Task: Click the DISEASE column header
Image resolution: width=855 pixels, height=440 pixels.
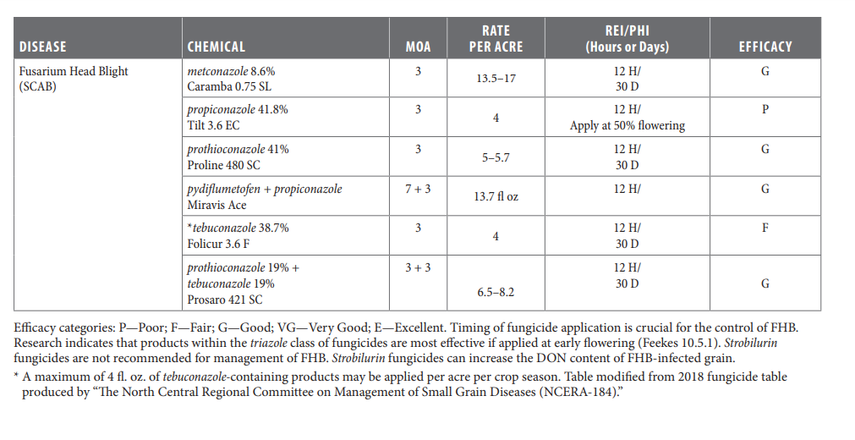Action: point(42,47)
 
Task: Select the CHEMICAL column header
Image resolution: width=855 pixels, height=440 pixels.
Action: point(216,47)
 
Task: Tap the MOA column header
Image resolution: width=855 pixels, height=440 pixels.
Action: point(419,47)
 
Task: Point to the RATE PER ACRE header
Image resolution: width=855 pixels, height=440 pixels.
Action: point(496,39)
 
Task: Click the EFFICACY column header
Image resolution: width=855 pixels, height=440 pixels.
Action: point(765,47)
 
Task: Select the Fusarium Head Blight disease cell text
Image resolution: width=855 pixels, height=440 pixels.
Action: point(74,79)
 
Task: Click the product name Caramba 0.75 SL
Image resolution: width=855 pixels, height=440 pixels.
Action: point(229,86)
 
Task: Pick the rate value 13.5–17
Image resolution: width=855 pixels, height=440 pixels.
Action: point(496,79)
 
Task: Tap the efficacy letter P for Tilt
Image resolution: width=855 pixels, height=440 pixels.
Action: point(765,109)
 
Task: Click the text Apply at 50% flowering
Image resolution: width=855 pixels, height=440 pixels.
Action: point(627,125)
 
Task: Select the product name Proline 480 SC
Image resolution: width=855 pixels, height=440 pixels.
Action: point(223,165)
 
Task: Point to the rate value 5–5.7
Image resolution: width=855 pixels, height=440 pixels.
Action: point(496,157)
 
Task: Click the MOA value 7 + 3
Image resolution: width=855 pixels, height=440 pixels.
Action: point(419,189)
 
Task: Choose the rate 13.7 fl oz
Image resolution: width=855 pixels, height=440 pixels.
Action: point(496,196)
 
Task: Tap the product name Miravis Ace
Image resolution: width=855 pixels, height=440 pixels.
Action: point(216,205)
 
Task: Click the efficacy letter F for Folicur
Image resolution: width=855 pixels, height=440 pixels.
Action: point(765,228)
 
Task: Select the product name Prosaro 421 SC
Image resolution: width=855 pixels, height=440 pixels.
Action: point(225,300)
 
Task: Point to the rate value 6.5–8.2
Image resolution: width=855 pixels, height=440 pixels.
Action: point(496,292)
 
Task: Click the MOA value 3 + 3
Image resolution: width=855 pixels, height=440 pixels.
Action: point(419,267)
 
